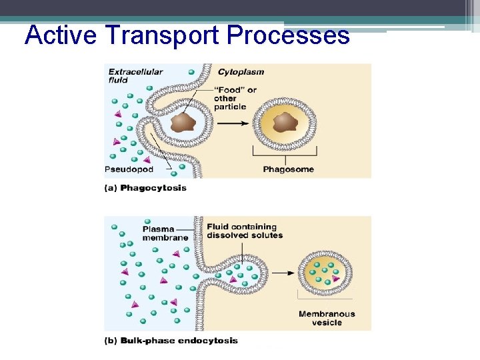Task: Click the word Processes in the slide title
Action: (x=288, y=35)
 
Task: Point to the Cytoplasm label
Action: (x=241, y=72)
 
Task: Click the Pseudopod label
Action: (x=129, y=169)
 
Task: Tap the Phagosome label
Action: (x=288, y=169)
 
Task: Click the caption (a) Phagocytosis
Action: (x=145, y=188)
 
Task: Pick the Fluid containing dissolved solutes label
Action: (x=245, y=231)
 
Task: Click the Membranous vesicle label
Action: (x=327, y=318)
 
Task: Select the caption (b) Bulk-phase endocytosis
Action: (x=171, y=341)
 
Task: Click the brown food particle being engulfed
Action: (x=182, y=122)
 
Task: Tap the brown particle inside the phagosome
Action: (x=285, y=122)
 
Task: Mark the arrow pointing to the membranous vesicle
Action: (x=283, y=273)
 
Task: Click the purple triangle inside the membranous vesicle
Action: (x=335, y=279)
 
